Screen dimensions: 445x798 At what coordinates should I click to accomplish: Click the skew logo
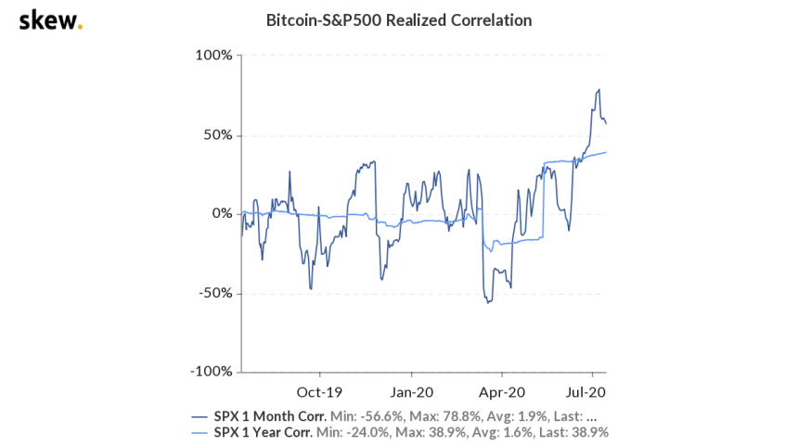coord(49,20)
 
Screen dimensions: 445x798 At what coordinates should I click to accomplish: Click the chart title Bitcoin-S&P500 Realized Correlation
coord(399,19)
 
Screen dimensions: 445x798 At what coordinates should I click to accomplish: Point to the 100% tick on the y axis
coord(214,56)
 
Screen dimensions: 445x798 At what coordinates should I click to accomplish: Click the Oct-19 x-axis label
coord(316,390)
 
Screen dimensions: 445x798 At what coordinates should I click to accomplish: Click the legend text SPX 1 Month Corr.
coord(269,415)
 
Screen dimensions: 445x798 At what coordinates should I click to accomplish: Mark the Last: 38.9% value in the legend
coord(574,432)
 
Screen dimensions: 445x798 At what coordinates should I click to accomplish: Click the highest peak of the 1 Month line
coord(599,89)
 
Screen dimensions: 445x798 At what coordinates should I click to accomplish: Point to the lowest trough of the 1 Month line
coord(487,303)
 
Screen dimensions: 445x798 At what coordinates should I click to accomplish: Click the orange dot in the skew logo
coord(80,26)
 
